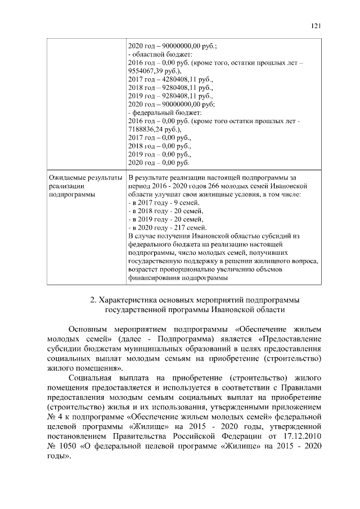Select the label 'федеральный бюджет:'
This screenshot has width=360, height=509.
click(x=164, y=112)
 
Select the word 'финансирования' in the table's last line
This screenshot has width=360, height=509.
click(x=155, y=278)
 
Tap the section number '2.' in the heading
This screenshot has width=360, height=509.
click(x=94, y=299)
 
